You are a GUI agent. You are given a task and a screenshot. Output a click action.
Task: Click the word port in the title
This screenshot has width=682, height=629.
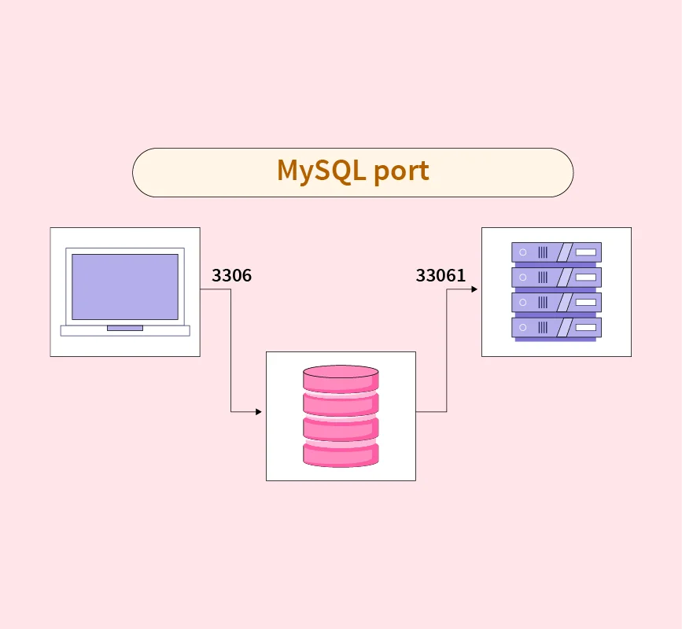pos(401,171)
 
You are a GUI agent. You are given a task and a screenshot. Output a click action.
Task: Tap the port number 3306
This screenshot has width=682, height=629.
pos(231,276)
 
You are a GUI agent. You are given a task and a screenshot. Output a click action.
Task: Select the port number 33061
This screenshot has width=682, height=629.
pos(441,276)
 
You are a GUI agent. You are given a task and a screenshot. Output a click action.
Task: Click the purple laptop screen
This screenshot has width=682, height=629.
pos(125,287)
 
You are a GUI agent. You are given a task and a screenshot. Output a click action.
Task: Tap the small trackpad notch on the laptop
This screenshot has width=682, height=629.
pos(125,328)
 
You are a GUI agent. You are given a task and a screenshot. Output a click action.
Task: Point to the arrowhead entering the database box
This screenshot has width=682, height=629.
pos(259,412)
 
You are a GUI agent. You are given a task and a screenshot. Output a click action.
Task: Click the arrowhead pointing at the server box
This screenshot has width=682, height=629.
pos(474,289)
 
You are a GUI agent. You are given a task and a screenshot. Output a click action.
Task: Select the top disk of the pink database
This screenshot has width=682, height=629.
pos(341,379)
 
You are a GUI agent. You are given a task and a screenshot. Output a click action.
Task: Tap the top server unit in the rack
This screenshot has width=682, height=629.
pos(556,252)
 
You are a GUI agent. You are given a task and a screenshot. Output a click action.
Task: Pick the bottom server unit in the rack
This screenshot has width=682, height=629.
pos(556,328)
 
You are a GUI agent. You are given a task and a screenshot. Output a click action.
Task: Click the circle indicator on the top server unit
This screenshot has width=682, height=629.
pos(523,252)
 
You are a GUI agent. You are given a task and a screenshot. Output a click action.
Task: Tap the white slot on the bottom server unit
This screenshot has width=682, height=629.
pos(585,328)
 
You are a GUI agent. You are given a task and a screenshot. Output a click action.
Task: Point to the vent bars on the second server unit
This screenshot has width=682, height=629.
pos(543,278)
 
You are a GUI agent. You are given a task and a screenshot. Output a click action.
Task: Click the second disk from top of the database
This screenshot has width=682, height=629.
pos(341,404)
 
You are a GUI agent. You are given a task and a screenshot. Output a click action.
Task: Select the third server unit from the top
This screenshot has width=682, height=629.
pos(556,303)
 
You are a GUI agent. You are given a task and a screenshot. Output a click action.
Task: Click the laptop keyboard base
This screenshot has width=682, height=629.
pos(125,331)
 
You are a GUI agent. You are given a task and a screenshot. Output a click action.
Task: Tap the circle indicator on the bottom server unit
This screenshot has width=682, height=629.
pos(523,328)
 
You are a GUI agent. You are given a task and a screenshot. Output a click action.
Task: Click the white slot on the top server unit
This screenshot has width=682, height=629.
pos(585,252)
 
